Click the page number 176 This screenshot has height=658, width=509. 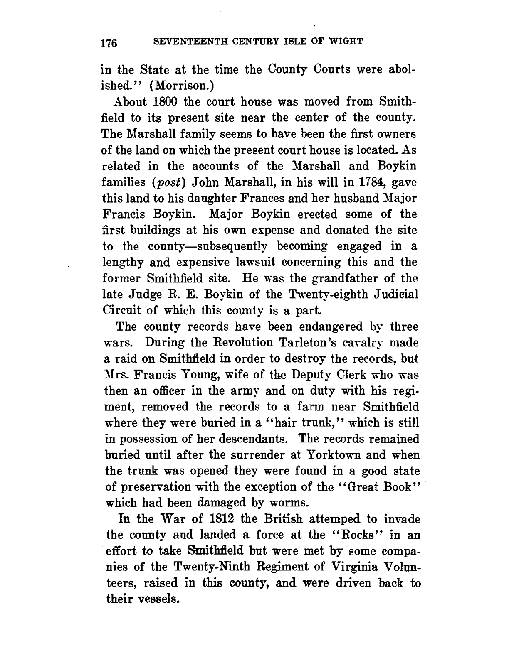click(110, 43)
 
